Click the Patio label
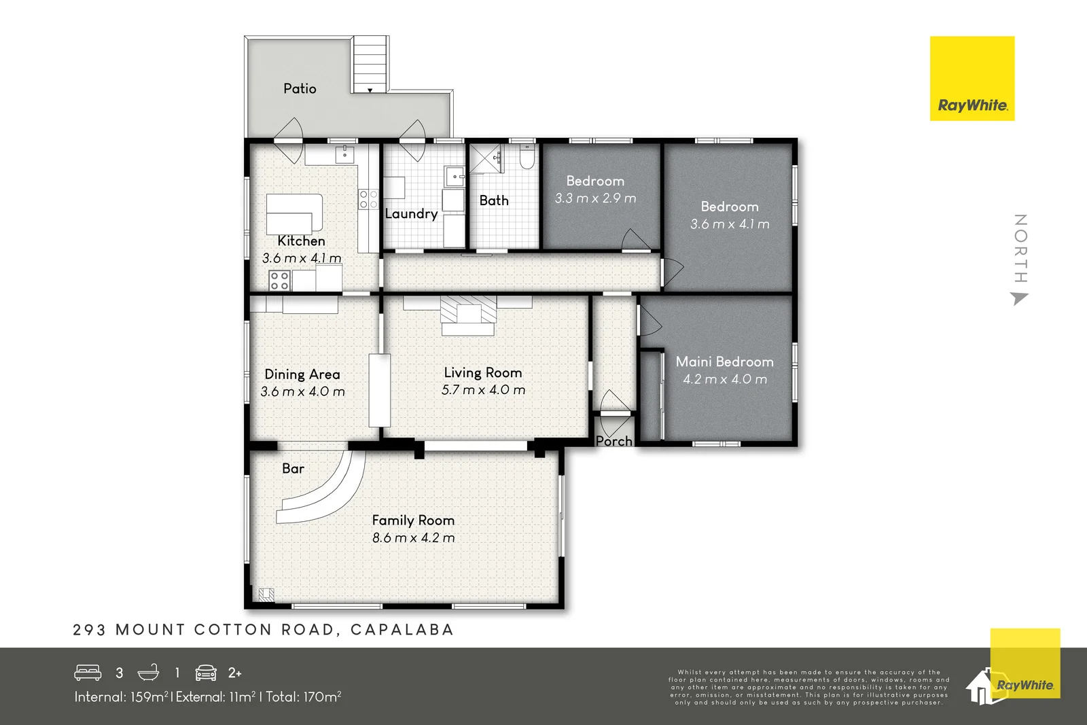click(300, 88)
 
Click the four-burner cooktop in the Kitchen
click(280, 281)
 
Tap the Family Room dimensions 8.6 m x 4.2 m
click(413, 537)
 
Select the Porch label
click(613, 441)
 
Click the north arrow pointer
click(1019, 298)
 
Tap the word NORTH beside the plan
click(1020, 248)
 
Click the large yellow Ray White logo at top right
click(972, 79)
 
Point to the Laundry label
click(411, 213)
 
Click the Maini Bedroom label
click(724, 361)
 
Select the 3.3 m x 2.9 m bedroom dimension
click(595, 198)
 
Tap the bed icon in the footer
click(88, 672)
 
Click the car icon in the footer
click(206, 672)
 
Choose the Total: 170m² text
click(304, 696)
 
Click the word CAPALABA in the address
click(402, 630)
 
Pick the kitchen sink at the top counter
click(344, 155)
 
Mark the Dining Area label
click(302, 374)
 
